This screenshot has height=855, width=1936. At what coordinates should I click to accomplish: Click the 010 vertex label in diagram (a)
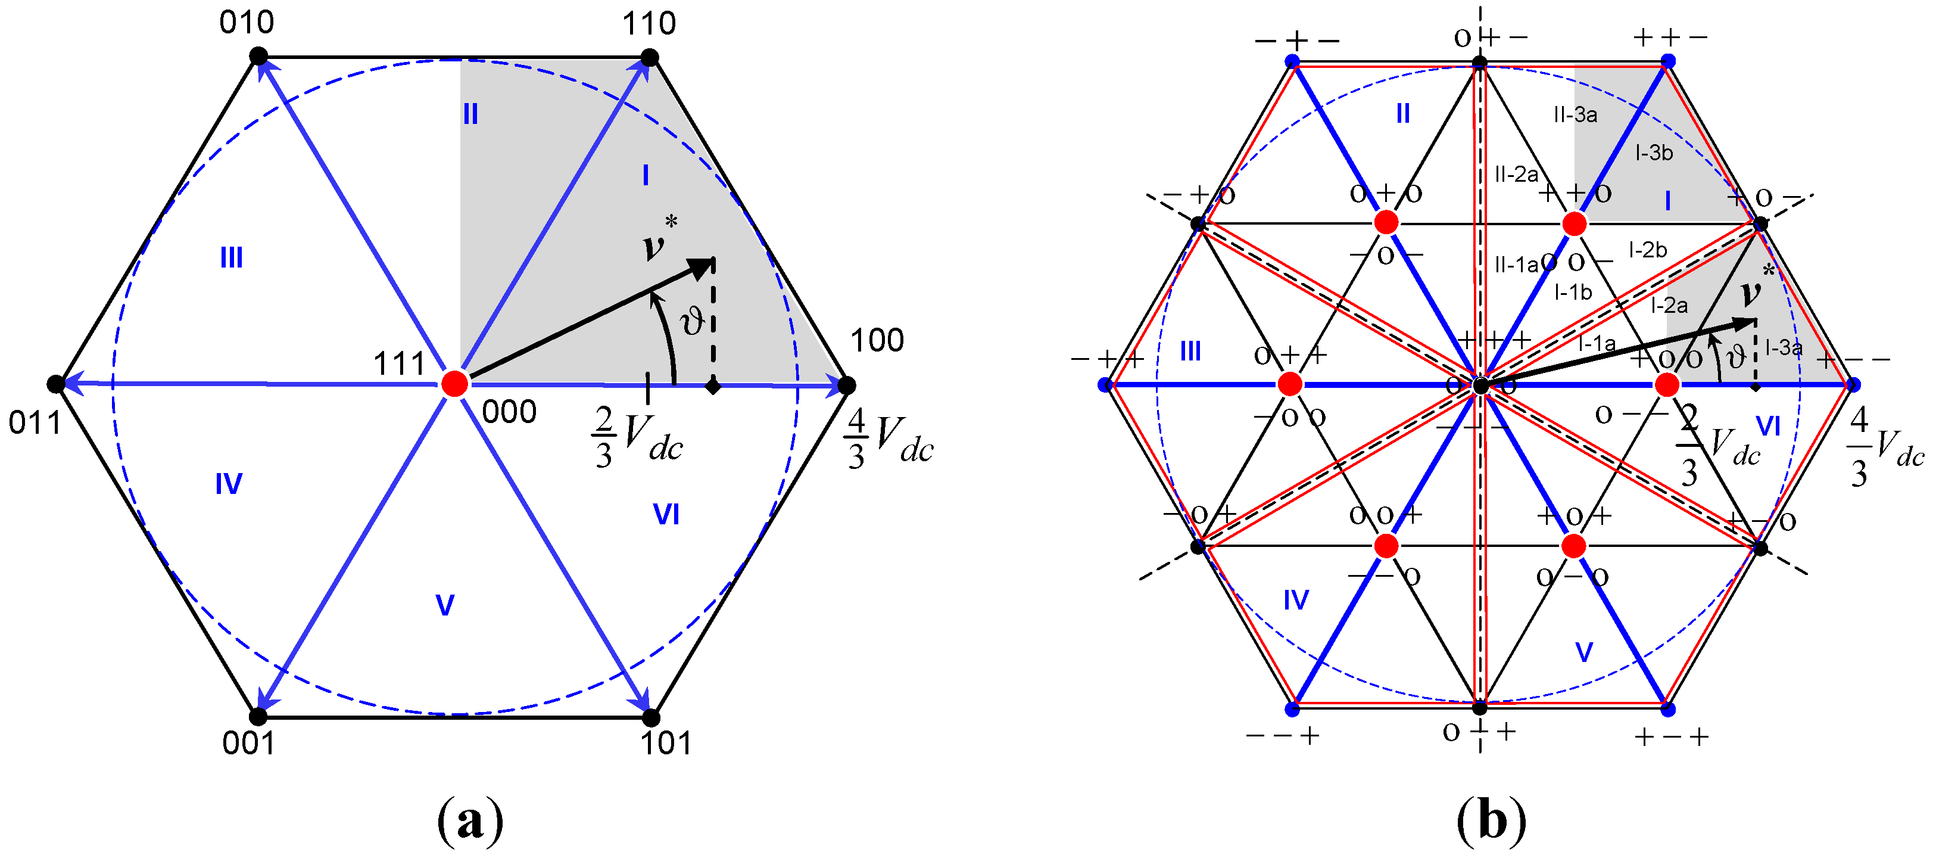click(x=247, y=23)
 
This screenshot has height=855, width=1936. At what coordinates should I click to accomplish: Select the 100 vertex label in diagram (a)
click(x=877, y=341)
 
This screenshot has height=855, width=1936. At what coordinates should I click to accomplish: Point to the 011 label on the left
click(x=35, y=424)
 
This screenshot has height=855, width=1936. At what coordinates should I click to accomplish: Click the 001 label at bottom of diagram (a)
click(x=248, y=743)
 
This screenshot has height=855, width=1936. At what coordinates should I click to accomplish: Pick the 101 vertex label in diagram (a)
click(x=665, y=743)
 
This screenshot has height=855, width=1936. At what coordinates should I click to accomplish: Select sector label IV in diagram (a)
click(x=229, y=484)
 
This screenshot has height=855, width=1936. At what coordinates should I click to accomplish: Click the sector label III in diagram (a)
click(x=230, y=258)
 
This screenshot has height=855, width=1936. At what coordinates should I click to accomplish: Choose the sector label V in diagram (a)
click(x=445, y=605)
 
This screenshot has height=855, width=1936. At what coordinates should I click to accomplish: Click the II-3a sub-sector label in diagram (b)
click(x=1575, y=115)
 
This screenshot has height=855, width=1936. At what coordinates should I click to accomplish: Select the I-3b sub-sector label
click(x=1654, y=153)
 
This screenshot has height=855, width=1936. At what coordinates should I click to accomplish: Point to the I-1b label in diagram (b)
click(x=1573, y=292)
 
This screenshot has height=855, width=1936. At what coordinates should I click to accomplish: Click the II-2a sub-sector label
click(x=1516, y=175)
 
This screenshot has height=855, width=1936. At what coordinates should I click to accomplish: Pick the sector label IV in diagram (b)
click(x=1296, y=599)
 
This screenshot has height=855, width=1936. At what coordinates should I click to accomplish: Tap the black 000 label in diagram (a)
click(x=509, y=412)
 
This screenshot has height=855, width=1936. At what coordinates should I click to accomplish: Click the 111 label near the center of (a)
click(x=400, y=364)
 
